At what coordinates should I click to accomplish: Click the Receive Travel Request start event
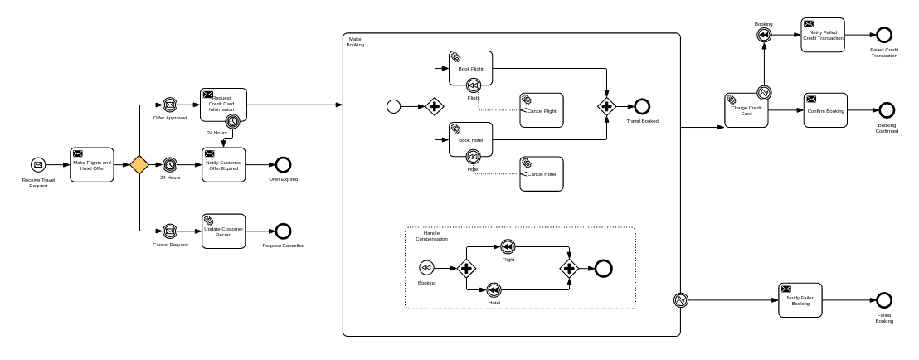tap(37, 165)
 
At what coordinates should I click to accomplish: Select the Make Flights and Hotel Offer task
tap(92, 165)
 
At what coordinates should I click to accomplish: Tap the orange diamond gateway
tap(139, 165)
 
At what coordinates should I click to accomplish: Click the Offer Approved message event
tap(170, 105)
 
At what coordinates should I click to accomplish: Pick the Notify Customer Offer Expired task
tap(224, 164)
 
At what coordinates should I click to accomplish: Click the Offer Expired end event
tap(283, 165)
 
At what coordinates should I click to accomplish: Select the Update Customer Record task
tap(224, 231)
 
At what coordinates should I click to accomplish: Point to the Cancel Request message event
tap(170, 231)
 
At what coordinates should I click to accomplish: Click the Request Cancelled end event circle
tap(283, 231)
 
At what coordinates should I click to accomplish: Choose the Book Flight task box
tap(471, 67)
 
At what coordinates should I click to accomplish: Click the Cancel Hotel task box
tap(541, 173)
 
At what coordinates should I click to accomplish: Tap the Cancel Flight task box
tap(541, 109)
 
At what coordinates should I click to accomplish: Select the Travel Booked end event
tap(642, 106)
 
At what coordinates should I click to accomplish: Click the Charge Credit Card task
tap(746, 109)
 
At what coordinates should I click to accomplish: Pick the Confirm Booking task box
tap(825, 110)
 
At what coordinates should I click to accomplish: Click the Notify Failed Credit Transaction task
tap(823, 35)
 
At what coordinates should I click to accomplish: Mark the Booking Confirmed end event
tap(887, 110)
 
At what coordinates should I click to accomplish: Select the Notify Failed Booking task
tap(800, 299)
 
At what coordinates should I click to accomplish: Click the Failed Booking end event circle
tap(884, 300)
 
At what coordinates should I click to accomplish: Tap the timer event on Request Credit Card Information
tap(234, 121)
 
